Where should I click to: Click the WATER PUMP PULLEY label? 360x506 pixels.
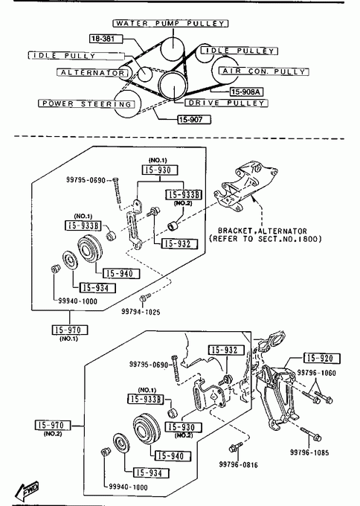170,24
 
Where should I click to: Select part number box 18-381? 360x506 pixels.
106,39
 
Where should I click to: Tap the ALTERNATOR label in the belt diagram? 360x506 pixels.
92,73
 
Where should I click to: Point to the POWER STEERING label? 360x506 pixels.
87,103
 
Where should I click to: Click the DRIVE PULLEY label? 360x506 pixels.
226,103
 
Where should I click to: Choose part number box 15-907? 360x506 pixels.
195,120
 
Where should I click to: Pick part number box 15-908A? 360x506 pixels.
246,92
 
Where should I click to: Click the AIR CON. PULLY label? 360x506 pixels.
264,71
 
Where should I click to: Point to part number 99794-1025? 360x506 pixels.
141,312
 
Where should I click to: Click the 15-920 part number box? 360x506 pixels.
322,358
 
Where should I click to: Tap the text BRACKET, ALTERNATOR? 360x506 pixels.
263,231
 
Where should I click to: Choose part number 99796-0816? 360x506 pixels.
238,464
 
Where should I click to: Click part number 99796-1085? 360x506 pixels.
309,452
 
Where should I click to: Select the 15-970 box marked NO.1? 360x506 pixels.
70,330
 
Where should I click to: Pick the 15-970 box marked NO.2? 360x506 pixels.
53,425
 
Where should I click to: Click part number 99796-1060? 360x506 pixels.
316,373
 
